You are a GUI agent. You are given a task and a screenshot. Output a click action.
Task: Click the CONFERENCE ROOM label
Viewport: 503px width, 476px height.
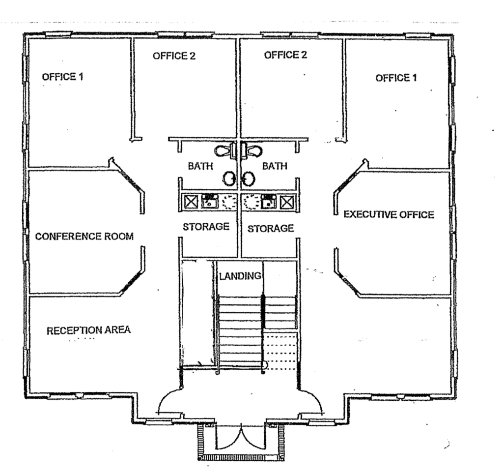84,236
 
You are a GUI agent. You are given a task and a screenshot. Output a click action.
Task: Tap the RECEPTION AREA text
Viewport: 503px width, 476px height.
89,330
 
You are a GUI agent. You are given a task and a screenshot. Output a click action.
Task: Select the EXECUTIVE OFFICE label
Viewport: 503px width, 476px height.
389,214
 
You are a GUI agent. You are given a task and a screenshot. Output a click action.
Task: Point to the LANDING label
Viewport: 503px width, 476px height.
240,276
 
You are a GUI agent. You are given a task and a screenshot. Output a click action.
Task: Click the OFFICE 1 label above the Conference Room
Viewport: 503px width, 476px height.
62,77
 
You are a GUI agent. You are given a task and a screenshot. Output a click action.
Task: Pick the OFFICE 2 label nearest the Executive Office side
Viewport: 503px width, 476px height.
285,55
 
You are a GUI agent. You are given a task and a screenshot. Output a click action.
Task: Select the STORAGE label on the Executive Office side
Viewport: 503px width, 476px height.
271,229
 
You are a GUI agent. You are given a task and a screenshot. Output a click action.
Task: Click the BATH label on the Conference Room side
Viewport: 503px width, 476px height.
200,166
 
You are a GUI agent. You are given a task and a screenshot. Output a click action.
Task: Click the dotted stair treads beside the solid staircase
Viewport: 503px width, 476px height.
280,352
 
